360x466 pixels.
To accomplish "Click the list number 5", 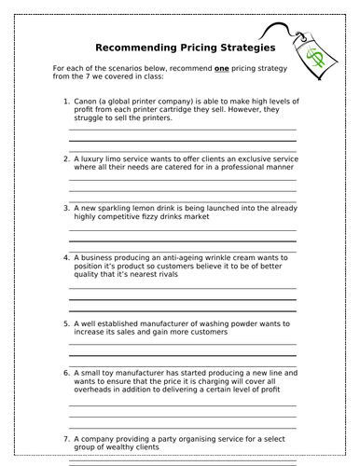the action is tap(65, 323).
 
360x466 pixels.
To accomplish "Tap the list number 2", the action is tap(65, 158).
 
